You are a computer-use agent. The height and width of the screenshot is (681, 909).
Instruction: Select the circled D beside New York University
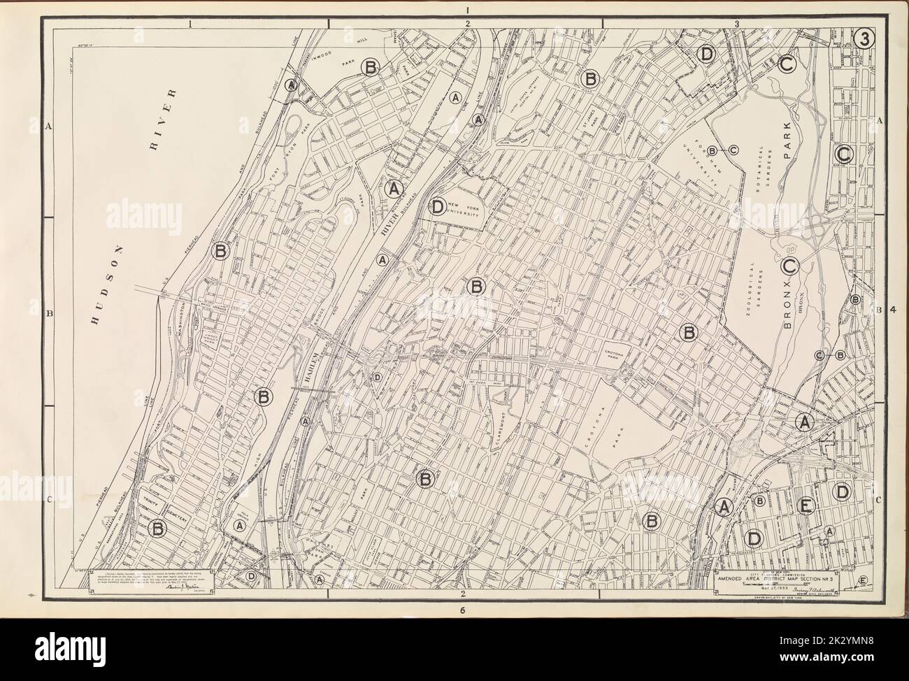point(436,206)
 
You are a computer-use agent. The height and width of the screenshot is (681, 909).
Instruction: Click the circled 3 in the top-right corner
point(864,40)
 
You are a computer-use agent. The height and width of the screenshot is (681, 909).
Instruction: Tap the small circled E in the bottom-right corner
point(863,581)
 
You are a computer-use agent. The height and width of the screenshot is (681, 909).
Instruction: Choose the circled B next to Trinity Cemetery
point(159,529)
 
